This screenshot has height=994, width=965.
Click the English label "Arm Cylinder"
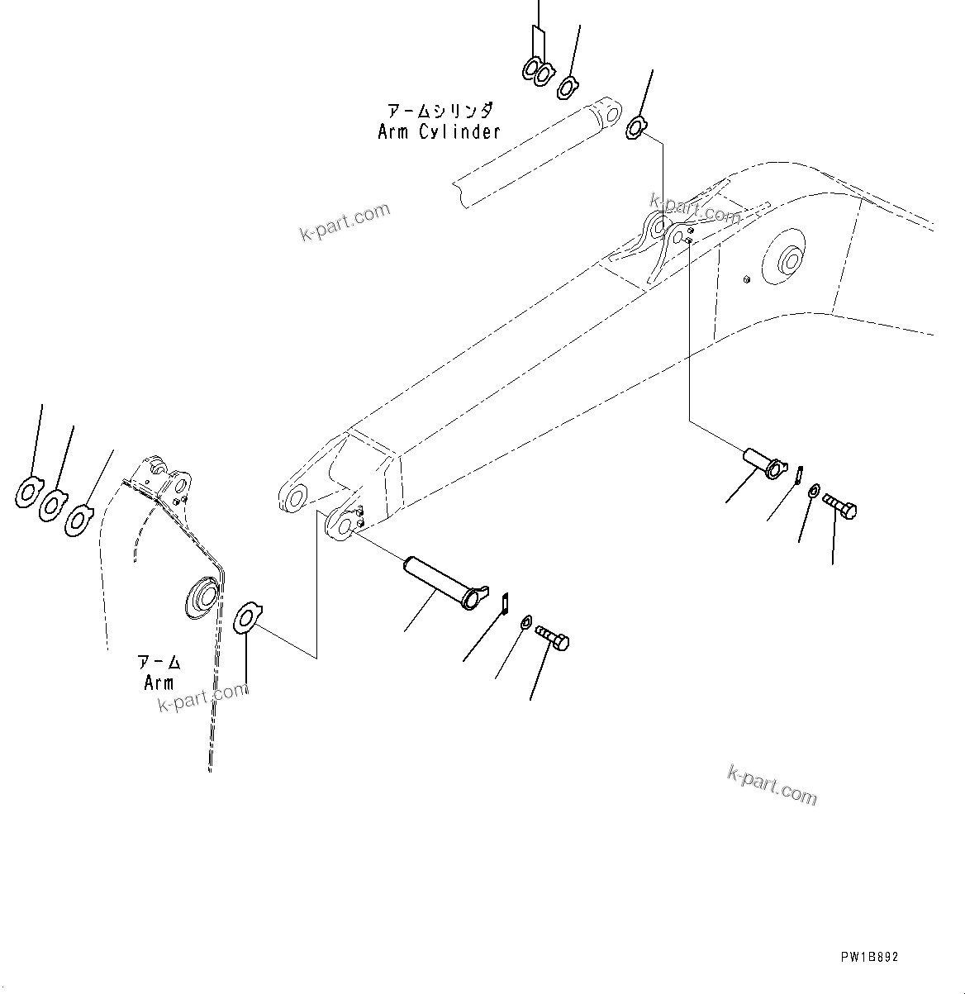coord(439,131)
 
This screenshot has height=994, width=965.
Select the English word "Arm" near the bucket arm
coord(159,682)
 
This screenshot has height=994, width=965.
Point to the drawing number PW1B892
coord(869,957)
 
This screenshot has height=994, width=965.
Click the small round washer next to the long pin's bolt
coord(525,622)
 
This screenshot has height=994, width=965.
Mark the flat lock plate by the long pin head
coord(504,602)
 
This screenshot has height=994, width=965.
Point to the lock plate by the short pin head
coord(799,475)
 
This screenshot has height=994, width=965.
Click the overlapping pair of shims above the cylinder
coord(536,71)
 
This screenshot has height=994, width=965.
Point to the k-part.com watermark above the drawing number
coord(772,785)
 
